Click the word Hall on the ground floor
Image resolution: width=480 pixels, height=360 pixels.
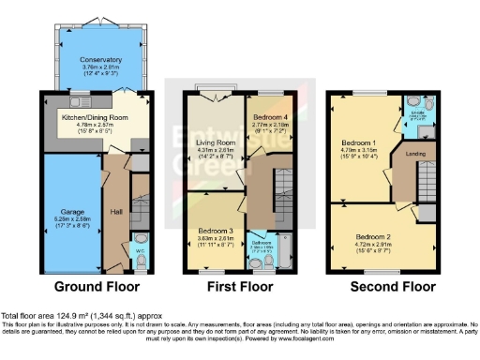115,212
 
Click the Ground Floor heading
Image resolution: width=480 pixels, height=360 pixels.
97,286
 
